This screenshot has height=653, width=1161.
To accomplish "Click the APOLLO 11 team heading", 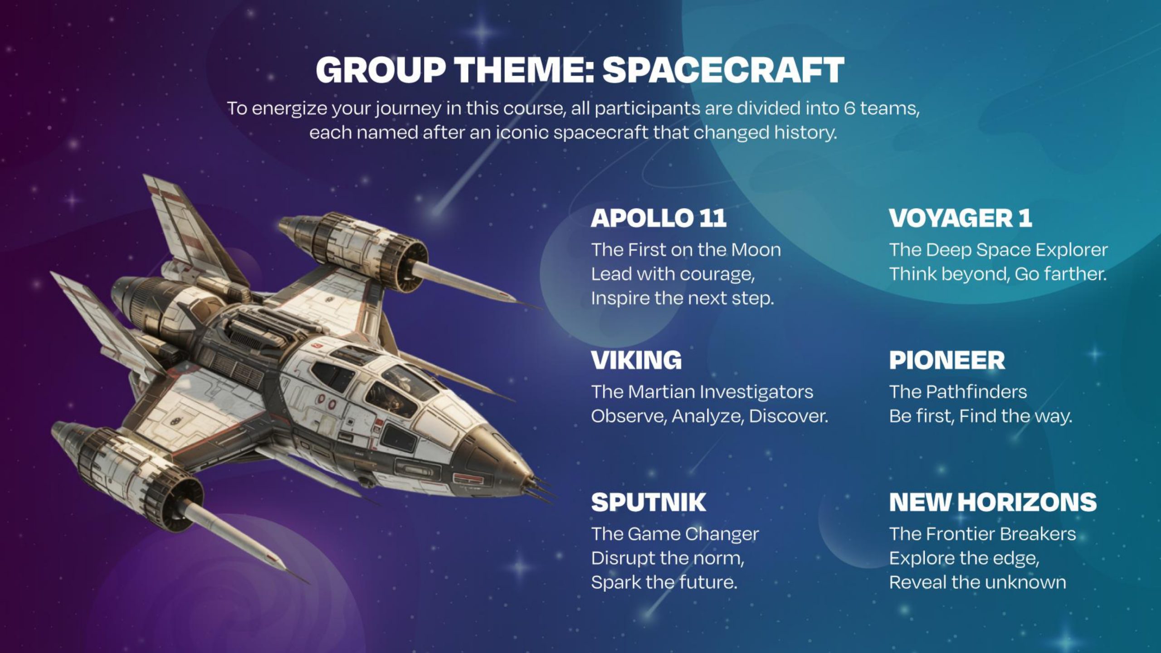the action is coord(659,218).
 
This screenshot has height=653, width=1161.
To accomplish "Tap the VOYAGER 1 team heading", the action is coord(961,218).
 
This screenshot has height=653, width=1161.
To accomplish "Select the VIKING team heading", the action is coord(636,360).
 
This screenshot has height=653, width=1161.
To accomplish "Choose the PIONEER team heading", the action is coord(947,360).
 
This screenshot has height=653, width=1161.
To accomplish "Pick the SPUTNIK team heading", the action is coord(649,502).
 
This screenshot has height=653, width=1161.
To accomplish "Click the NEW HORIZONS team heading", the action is coord(993,502).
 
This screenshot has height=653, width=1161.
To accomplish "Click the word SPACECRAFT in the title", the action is coord(723,70).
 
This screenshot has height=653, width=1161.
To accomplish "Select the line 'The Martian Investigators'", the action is coord(702,392).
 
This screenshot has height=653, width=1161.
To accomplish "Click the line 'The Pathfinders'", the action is coord(958,392).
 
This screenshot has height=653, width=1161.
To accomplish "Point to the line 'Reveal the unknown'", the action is coord(977,582).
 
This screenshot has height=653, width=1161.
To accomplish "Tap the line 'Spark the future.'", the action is coord(664,582).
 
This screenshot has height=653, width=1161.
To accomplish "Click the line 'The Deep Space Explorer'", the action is coord(998,250).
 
